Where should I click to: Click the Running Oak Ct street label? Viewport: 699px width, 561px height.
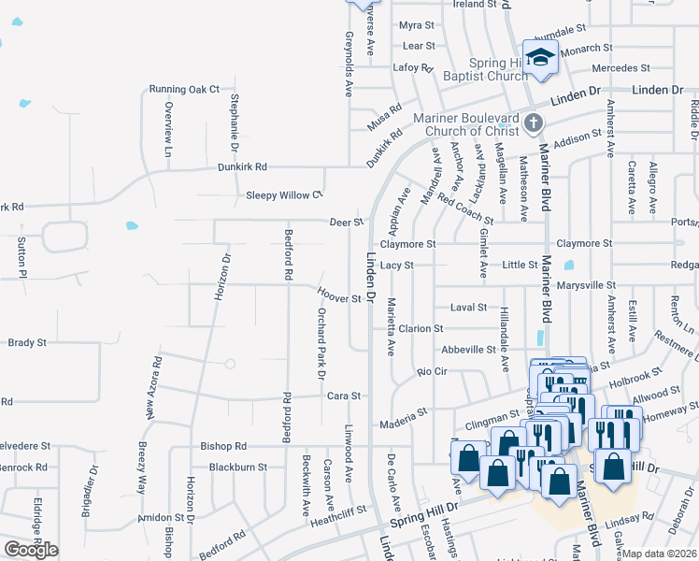(184, 90)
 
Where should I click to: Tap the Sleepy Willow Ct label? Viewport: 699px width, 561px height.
(284, 195)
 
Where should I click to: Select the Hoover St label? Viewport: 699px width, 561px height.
(339, 298)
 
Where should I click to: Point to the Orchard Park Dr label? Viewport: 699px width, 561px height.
(321, 342)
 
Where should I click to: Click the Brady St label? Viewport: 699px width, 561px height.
(27, 343)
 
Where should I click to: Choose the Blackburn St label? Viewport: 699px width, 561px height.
(238, 467)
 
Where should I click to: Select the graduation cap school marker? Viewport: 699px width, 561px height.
(540, 58)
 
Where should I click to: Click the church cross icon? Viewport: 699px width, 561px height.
(533, 122)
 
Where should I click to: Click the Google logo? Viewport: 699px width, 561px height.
(31, 550)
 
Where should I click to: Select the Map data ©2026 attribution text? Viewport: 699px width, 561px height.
(660, 554)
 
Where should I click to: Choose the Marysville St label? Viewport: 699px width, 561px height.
(586, 284)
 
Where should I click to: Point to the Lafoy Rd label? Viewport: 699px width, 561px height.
(414, 67)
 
